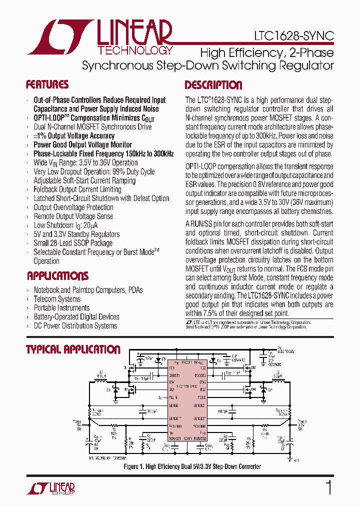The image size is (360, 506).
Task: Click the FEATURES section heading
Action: [x=47, y=84]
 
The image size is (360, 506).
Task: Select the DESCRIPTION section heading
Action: [x=213, y=85]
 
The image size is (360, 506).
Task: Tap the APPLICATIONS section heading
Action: [x=57, y=276]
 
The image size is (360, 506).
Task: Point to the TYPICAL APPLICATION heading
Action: [x=73, y=349]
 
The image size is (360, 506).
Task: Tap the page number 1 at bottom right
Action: [x=328, y=487]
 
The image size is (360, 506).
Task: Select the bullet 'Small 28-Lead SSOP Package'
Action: [x=73, y=243]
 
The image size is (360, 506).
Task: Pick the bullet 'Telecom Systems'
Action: [x=57, y=299]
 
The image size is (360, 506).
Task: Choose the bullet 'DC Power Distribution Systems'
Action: [x=75, y=326]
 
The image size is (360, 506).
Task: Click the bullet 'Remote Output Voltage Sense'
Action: [x=73, y=216]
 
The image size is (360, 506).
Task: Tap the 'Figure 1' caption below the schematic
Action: [x=192, y=466]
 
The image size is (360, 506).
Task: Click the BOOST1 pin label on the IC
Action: [x=174, y=374]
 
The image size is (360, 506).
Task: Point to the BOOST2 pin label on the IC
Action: [x=199, y=374]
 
